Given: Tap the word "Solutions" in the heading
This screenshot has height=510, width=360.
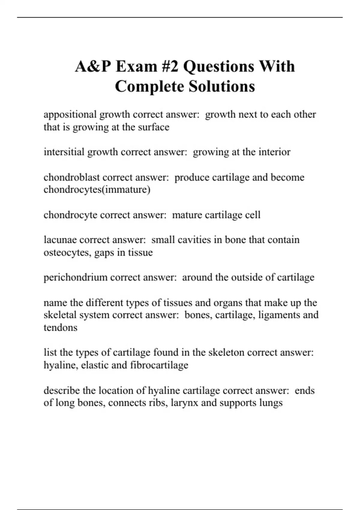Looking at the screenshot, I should coord(222,86).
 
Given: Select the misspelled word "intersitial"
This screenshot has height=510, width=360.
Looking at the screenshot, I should coord(64,152).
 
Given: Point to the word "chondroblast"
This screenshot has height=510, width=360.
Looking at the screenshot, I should coord(72,177).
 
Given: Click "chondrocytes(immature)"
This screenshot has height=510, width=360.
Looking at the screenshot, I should coord(97,190).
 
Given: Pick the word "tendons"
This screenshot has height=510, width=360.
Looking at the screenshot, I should coord(60,327).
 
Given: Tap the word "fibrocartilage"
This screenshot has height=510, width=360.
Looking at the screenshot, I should coord(159,365).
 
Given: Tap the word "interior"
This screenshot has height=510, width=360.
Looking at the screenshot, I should coord(274,152).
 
